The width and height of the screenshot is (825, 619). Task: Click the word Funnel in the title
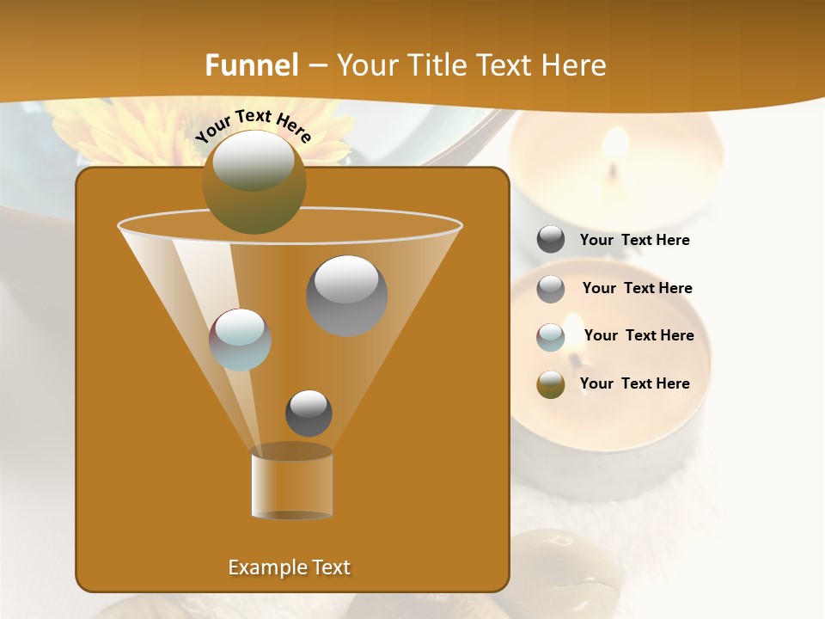pyautogui.click(x=252, y=64)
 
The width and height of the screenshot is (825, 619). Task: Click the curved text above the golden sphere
pyautogui.click(x=254, y=125)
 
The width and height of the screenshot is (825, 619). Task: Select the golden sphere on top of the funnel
pyautogui.click(x=254, y=181)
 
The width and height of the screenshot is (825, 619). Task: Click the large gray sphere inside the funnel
pyautogui.click(x=346, y=295)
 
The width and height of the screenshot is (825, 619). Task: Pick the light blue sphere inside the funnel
pyautogui.click(x=240, y=339)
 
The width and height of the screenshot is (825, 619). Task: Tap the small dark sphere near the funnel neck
pyautogui.click(x=309, y=413)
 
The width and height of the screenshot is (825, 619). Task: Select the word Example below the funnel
pyautogui.click(x=261, y=567)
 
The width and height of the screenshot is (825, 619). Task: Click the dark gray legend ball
pyautogui.click(x=551, y=240)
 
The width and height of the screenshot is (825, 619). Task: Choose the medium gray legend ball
pyautogui.click(x=551, y=289)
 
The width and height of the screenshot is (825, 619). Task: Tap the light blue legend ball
pyautogui.click(x=551, y=336)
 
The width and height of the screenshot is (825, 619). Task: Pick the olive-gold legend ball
pyautogui.click(x=551, y=384)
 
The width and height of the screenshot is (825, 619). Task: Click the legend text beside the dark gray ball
pyautogui.click(x=634, y=240)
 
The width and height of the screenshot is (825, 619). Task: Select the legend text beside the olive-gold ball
pyautogui.click(x=634, y=383)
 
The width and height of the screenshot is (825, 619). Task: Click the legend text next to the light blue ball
pyautogui.click(x=639, y=335)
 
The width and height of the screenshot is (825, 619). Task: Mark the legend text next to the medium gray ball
pyautogui.click(x=637, y=288)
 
